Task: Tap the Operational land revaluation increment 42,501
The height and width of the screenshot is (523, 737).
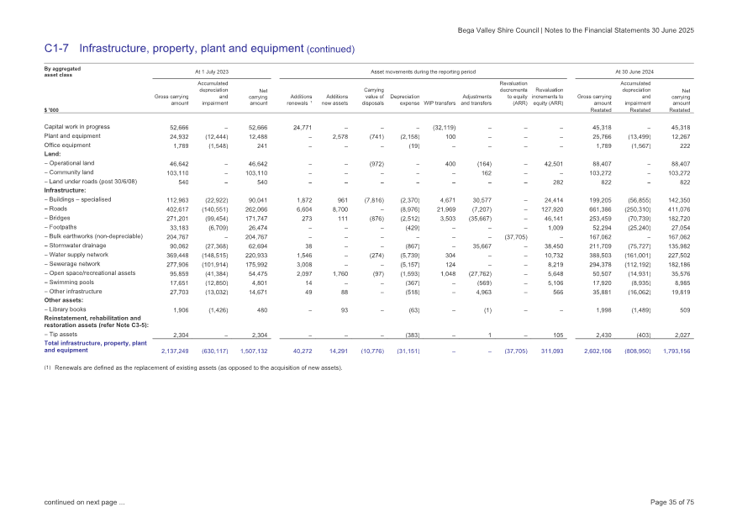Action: point(550,162)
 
